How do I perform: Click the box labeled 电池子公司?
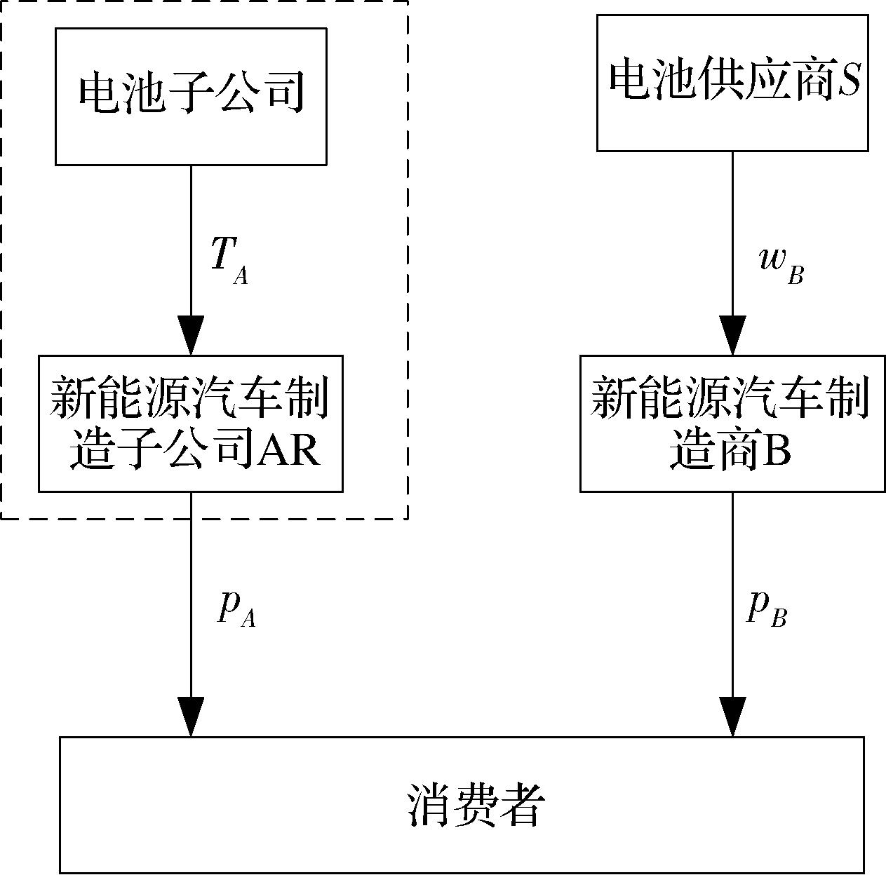[191, 96]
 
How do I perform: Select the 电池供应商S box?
[733, 83]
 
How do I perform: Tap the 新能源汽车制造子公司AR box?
[190, 423]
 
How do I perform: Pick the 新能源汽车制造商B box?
[732, 423]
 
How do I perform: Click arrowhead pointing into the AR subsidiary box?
[191, 337]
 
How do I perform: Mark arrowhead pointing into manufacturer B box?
[733, 337]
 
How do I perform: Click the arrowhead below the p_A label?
[191, 717]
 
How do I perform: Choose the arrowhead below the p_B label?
[733, 717]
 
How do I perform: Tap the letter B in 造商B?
[777, 452]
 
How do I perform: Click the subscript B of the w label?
[796, 276]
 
